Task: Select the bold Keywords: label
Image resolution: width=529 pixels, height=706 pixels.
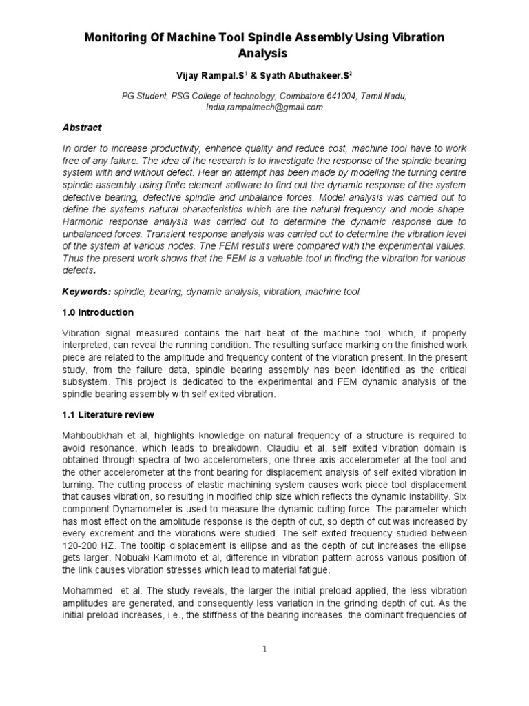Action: tap(82, 292)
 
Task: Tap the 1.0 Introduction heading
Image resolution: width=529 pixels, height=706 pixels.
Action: tap(98, 312)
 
